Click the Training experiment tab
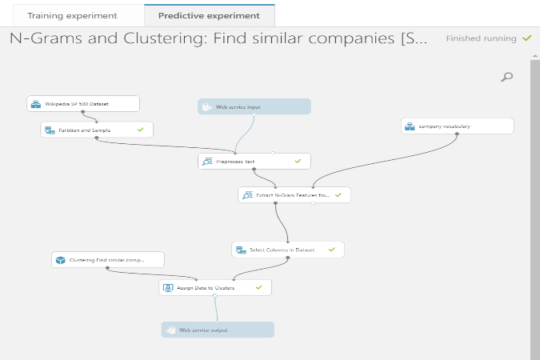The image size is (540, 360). coord(72,15)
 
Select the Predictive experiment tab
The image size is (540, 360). coord(210,15)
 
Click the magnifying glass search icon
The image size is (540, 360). coord(506,77)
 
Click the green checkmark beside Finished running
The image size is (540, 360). coord(526,38)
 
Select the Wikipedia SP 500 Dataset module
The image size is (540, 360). coord(83,104)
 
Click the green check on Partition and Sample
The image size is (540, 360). coord(141,129)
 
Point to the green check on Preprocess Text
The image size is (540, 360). coord(298,161)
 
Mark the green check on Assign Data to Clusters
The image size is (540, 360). coord(258,286)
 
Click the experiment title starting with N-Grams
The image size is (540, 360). coord(218,38)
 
